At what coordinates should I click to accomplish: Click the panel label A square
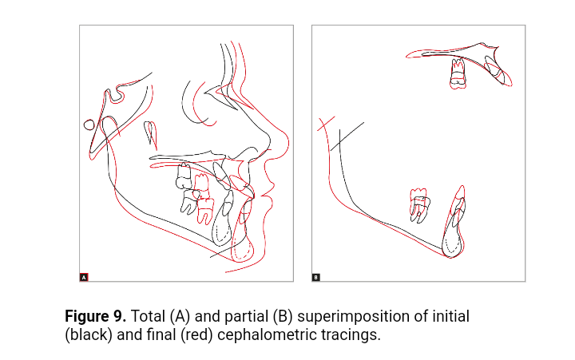coord(84,277)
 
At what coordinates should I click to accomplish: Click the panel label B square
coord(315,277)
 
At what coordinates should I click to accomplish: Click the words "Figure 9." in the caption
coord(95,316)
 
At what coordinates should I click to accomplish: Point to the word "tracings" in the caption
coord(349,335)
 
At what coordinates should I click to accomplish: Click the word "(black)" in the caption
coord(89,335)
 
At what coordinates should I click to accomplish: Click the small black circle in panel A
coord(89,125)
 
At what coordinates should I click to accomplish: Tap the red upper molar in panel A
coord(201,187)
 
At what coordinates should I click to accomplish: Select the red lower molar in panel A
coord(205,211)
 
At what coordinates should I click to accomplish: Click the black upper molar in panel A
coord(184,176)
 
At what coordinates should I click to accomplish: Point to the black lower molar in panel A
coord(190,202)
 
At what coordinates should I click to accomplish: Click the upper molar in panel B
coord(458,74)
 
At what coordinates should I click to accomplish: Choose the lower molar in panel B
coord(419,206)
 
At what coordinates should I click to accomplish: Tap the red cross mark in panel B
coord(326,124)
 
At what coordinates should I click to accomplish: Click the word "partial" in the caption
coord(246,317)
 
